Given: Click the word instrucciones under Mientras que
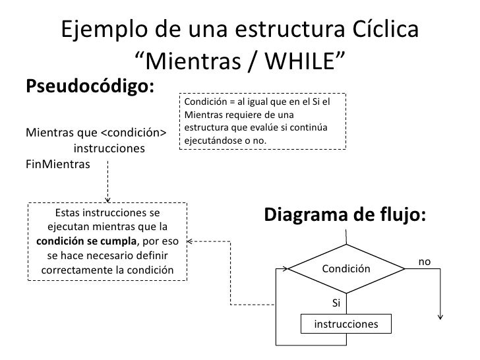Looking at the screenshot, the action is tap(110, 148).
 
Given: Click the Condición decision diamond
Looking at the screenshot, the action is tap(346, 270).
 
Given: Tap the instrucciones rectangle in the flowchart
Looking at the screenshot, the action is tap(346, 324).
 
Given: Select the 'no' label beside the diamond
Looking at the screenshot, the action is tap(425, 262).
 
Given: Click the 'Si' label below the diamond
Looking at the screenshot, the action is tap(336, 303).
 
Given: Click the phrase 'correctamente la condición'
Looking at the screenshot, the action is tap(107, 270).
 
